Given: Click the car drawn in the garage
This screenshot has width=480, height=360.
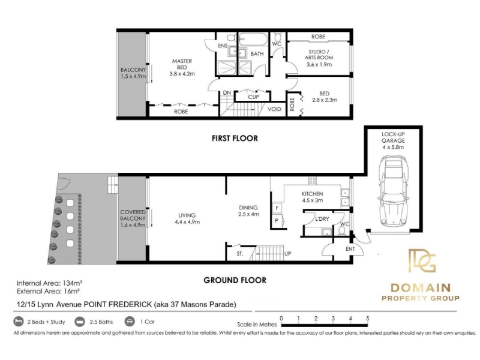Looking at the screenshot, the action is click(394, 191).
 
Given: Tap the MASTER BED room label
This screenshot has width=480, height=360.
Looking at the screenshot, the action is click(182, 64).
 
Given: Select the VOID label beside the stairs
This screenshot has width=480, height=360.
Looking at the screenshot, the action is click(274, 109).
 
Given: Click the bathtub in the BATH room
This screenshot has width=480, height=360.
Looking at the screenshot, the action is click(253, 39).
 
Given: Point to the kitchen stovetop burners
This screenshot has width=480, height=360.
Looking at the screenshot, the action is click(312, 181).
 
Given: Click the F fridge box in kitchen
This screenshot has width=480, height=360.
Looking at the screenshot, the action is click(277, 208).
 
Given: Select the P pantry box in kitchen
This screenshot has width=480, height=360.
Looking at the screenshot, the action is click(277, 220).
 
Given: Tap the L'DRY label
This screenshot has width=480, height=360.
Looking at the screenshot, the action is click(322, 219).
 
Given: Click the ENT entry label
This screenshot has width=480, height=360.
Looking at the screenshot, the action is click(350, 249).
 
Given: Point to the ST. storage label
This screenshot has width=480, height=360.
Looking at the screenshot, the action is click(240, 254).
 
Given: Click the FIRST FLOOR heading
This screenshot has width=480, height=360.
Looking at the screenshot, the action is click(235, 139).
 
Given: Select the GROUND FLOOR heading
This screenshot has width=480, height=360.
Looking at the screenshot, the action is click(235, 280).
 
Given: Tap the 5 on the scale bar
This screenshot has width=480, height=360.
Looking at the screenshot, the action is click(368, 319).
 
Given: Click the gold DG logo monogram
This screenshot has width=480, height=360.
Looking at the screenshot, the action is click(422, 260).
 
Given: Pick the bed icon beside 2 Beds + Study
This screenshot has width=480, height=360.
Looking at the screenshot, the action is click(19, 322).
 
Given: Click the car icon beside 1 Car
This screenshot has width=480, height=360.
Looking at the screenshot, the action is click(130, 322).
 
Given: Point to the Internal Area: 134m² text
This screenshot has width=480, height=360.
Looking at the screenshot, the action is click(49, 283).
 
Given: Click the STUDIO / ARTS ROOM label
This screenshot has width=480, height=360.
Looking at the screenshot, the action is click(319, 55).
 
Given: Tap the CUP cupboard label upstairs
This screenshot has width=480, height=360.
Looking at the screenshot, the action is click(253, 97).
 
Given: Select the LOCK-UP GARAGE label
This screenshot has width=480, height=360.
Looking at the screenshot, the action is click(394, 137).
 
